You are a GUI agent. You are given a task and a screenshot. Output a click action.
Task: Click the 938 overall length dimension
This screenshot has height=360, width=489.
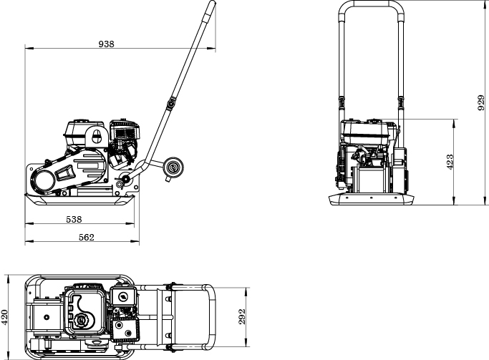pos(106,44)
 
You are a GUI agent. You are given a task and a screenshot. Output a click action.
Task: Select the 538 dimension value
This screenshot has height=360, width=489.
pos(74,219)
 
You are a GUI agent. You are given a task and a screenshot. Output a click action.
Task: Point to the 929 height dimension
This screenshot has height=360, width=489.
pos(480,103)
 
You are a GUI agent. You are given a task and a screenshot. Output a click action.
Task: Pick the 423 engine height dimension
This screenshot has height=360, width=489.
pos(450,162)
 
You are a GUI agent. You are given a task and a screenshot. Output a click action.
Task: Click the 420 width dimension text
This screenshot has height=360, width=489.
pos(6,316)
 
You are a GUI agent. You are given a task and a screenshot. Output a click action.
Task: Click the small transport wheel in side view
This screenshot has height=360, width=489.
pos(172,169)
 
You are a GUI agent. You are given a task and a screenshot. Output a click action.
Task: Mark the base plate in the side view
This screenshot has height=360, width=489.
pos(79,200)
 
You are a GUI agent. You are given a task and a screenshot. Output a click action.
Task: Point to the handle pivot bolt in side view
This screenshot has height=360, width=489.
pos(126,178)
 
